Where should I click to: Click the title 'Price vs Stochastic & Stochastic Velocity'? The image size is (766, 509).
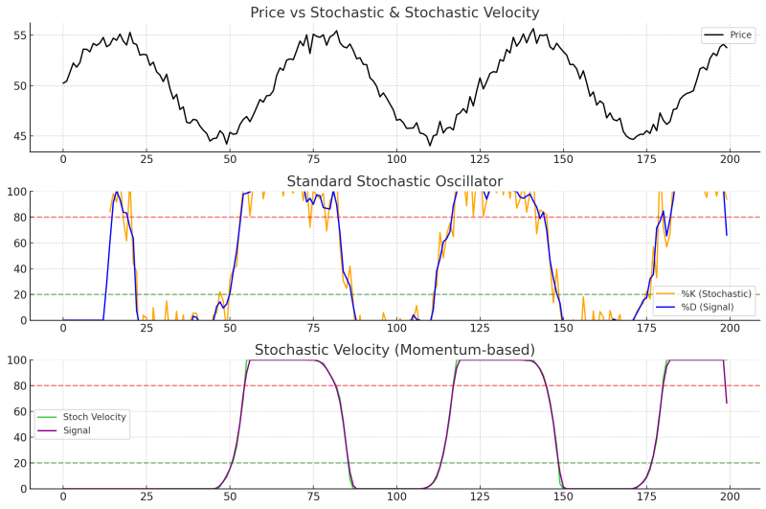[394, 12]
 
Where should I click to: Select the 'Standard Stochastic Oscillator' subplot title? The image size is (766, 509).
[394, 182]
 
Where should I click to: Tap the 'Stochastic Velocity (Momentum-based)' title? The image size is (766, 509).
[394, 349]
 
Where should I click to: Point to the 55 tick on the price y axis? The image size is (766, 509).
[18, 35]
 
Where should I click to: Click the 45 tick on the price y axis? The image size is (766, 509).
[18, 136]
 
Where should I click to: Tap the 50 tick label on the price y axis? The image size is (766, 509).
[18, 86]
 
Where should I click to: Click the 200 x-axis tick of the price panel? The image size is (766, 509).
[729, 160]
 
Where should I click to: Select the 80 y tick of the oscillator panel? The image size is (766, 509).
[18, 218]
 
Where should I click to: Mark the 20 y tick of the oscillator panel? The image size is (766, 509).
[18, 294]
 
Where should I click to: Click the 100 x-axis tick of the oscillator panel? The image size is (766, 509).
[395, 329]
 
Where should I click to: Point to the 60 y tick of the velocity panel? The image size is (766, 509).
[18, 412]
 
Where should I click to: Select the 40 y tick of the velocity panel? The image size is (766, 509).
[18, 438]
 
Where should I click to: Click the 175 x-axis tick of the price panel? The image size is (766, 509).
[645, 160]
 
